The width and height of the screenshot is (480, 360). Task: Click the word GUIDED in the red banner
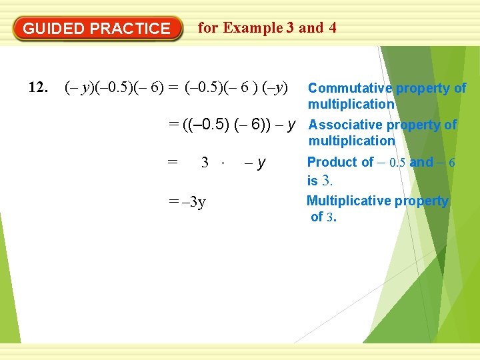point(54,29)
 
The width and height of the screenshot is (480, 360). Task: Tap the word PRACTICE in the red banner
point(130,29)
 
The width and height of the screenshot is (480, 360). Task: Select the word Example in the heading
point(253,28)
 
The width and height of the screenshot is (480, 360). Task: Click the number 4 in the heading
point(332,28)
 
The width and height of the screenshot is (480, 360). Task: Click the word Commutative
point(350,88)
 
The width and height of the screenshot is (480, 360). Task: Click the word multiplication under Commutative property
point(351,104)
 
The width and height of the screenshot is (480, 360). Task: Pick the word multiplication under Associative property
point(351,141)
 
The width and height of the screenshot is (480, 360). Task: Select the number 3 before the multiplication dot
point(205,163)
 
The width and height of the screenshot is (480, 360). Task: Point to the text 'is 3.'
point(319,180)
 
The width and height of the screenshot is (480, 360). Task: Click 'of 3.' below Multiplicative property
point(323,217)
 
